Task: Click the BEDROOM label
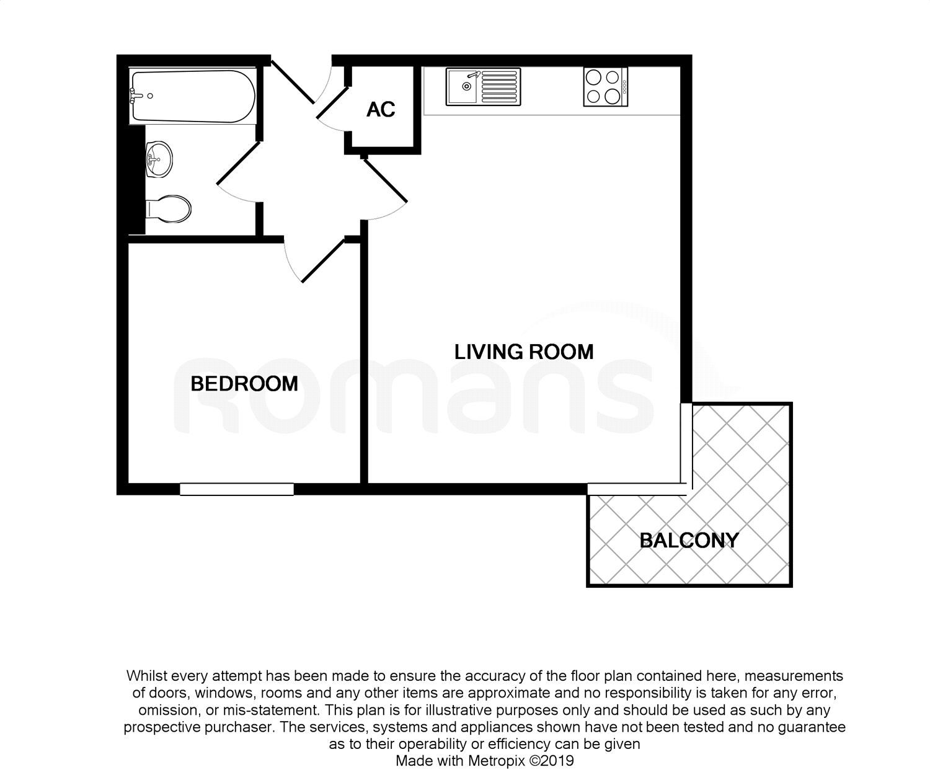tap(244, 384)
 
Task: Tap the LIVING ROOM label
tap(524, 352)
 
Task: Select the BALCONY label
tap(689, 541)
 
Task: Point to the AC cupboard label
tap(381, 110)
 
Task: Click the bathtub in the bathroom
tap(192, 97)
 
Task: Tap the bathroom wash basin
tap(159, 159)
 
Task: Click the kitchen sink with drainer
tap(482, 87)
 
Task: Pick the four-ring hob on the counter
tap(605, 87)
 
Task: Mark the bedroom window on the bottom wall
tap(237, 489)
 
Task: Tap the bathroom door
tap(237, 162)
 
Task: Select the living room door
tap(385, 180)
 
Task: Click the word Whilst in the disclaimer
tap(146, 675)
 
